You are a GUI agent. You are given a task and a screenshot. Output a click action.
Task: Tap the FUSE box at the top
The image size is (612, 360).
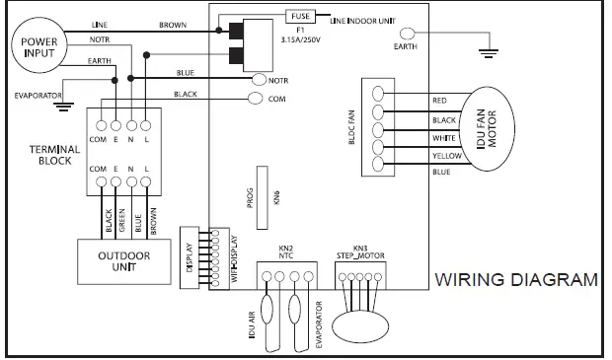pyautogui.click(x=300, y=16)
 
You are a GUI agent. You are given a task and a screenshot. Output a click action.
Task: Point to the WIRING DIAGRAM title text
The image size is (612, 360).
pyautogui.click(x=516, y=279)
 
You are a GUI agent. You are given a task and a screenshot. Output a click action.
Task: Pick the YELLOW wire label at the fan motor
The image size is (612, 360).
pyautogui.click(x=448, y=156)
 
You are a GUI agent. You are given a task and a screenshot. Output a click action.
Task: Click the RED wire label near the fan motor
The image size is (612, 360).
pyautogui.click(x=440, y=101)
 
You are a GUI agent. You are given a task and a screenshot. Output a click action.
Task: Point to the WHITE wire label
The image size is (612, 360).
pyautogui.click(x=444, y=137)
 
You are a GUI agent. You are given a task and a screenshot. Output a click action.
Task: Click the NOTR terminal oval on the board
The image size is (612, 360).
pyautogui.click(x=261, y=79)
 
